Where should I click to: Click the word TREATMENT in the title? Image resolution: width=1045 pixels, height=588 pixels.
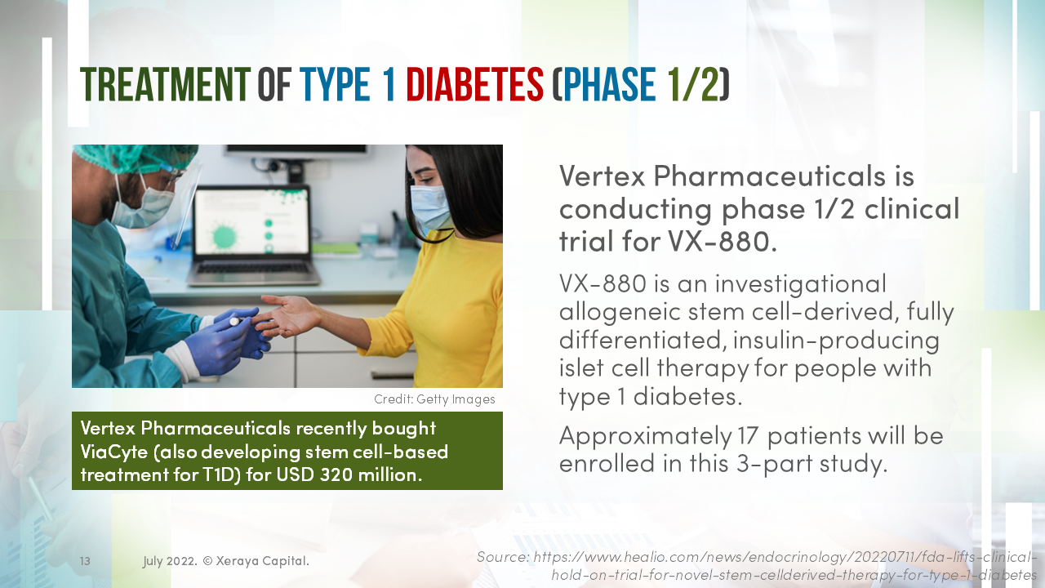pos(165,85)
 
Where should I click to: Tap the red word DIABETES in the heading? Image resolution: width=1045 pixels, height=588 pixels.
pos(474,85)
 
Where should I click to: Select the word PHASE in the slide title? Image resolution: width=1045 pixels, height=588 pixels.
pos(609,85)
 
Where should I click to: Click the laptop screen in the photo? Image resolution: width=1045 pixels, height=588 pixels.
pos(251,223)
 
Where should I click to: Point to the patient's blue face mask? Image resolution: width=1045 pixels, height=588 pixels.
pos(430,208)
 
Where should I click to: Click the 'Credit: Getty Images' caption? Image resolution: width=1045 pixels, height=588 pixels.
pos(434,399)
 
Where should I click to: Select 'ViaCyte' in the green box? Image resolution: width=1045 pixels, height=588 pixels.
pos(111,452)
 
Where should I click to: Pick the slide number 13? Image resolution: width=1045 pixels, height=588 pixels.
pos(85,561)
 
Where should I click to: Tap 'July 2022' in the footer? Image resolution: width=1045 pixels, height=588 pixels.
pos(168,561)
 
